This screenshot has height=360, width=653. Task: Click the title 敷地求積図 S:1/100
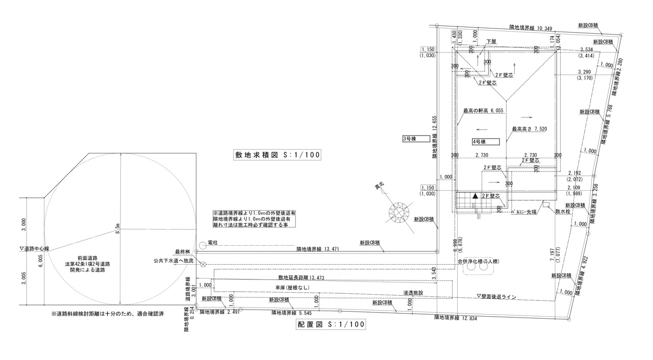(278, 155)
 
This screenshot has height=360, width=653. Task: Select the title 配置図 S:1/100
(331, 324)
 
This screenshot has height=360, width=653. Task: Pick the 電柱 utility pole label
(213, 244)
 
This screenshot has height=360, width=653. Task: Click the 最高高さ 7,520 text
(530, 129)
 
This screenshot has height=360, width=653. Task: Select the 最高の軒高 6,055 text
(483, 111)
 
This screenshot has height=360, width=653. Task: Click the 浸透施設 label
(414, 293)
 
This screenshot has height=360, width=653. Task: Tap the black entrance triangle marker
(475, 196)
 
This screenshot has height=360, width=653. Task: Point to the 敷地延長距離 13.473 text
(301, 278)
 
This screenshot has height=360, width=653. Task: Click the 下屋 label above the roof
(491, 41)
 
